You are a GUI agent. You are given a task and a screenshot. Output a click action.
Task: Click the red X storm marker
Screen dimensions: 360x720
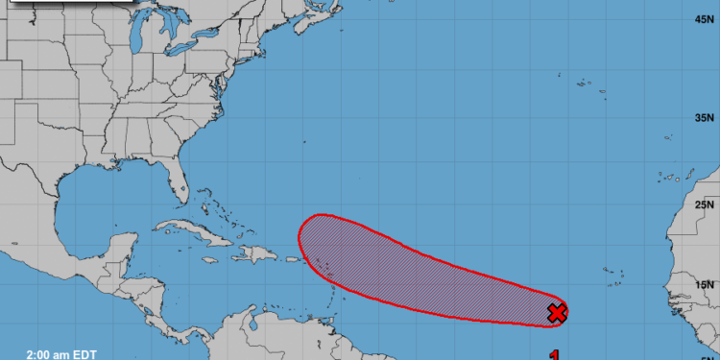point(557,312)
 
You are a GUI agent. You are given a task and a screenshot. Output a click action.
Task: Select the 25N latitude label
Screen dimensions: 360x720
point(706,204)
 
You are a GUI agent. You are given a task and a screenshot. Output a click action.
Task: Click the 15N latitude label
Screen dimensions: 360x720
point(706,284)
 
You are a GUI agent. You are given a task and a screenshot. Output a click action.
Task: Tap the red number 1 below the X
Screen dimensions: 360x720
point(555,354)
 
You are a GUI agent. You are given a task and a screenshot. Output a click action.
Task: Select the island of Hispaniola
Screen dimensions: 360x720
point(252,253)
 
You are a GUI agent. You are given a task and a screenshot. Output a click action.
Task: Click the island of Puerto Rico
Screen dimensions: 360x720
point(289,259)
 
